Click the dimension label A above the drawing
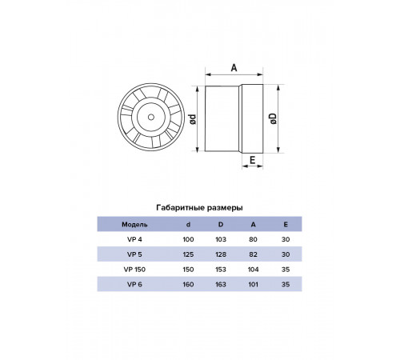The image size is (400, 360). (234, 68)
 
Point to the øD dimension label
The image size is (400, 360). (273, 118)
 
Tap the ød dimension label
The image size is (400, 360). (192, 119)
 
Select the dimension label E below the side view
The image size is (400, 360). (252, 160)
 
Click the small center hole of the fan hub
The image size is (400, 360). (151, 117)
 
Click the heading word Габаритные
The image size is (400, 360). (177, 208)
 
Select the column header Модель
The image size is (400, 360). (134, 225)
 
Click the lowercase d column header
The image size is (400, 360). (188, 224)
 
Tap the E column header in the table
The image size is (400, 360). (286, 224)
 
